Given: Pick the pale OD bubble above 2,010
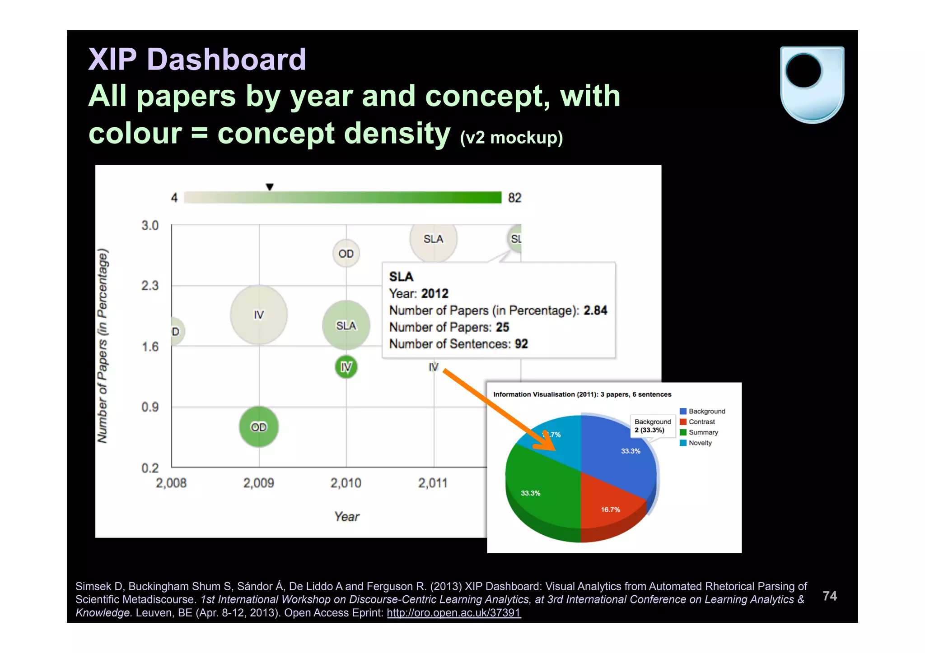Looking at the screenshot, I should click(x=346, y=253).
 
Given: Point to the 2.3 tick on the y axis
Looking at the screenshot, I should click(x=150, y=286).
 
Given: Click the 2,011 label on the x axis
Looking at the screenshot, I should click(x=433, y=483).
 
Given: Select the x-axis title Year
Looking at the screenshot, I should click(x=346, y=516).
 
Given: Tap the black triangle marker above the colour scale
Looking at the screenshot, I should click(x=270, y=187).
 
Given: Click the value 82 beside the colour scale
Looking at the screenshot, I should click(x=514, y=198).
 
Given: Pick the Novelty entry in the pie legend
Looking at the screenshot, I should click(x=700, y=443).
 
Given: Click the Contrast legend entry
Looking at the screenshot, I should click(x=701, y=421).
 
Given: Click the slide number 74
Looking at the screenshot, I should click(x=830, y=596).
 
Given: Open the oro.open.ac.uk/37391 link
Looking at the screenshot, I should click(x=453, y=612).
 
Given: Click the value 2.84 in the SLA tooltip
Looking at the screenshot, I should click(x=595, y=310).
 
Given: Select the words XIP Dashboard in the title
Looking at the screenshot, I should click(x=197, y=59).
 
